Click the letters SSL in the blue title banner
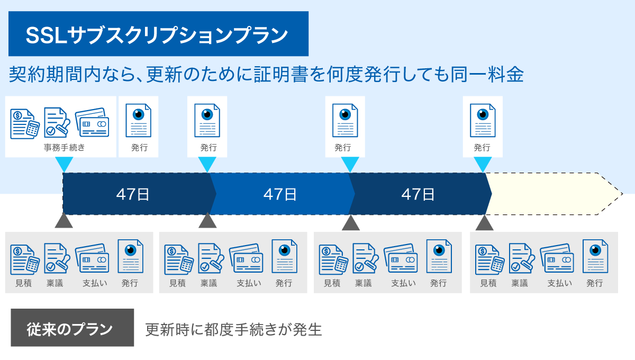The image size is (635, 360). point(47,35)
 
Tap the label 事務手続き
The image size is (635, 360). point(65,147)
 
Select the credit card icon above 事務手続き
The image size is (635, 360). point(92,122)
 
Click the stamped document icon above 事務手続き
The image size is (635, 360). point(57,122)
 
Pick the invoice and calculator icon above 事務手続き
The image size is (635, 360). point(25,124)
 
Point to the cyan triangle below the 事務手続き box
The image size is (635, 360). point(64,165)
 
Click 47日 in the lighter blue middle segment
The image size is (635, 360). point(280,194)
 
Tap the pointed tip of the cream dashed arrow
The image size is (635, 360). point(622,194)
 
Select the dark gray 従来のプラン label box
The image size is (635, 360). point(72,328)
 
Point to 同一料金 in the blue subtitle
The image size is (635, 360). point(487,75)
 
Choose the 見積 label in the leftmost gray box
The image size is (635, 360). point(23,283)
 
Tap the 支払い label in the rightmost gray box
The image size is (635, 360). point(560,283)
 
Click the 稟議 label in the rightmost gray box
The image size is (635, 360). point(520,283)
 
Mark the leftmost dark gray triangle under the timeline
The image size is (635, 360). point(64,220)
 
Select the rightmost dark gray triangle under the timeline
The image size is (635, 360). point(484,223)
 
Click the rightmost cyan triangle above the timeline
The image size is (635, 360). point(483,165)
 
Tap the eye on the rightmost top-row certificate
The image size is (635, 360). point(483,114)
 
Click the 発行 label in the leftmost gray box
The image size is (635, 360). point(130,283)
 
